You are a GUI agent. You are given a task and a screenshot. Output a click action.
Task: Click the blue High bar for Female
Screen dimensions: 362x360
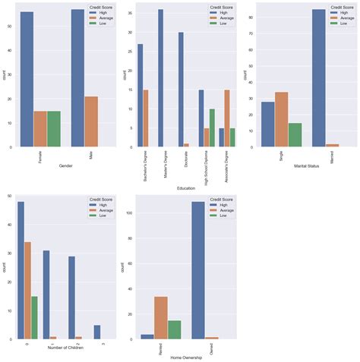point(27,79)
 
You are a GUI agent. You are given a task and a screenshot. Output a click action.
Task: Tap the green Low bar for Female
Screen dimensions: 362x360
point(54,128)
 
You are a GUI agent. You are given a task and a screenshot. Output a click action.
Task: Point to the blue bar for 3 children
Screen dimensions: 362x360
point(96,332)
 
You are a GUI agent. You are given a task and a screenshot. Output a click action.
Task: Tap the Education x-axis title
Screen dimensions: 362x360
point(185,187)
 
